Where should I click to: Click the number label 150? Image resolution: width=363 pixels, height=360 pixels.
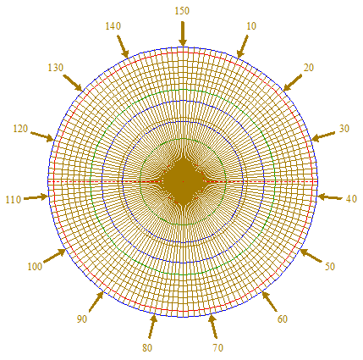pos(182,11)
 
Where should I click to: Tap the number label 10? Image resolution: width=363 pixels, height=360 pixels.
pos(251,26)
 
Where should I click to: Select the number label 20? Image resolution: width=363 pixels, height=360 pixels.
pos(309,68)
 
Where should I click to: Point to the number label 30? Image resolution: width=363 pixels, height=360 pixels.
pos(344,129)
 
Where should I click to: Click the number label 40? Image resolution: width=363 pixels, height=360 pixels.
pos(351,199)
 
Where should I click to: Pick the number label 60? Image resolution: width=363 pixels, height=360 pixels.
pos(283,319)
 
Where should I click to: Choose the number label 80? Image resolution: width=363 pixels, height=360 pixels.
pos(147,348)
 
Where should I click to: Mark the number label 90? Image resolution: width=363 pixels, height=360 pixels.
pos(82,319)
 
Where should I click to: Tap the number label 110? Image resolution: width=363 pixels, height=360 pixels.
pos(14,200)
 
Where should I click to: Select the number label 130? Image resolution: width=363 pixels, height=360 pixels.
pos(56,68)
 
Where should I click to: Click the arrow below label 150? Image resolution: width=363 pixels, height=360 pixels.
pos(183,34)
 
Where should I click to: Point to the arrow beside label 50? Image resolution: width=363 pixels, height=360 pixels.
pos(311,256)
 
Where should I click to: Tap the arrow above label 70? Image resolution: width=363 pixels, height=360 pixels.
pos(213,327)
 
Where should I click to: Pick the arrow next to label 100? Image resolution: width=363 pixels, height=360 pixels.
pos(54,256)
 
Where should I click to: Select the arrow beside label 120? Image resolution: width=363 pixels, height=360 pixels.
pos(42,136)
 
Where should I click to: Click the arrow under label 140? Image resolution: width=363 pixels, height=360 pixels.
pos(123,47)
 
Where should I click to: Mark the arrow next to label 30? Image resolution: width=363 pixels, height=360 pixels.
pos(323,136)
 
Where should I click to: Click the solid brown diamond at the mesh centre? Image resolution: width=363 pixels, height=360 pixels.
pos(184,181)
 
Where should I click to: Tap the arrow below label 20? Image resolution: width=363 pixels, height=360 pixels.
pos(293,82)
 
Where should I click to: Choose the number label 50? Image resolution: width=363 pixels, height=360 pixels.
pos(330,267)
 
